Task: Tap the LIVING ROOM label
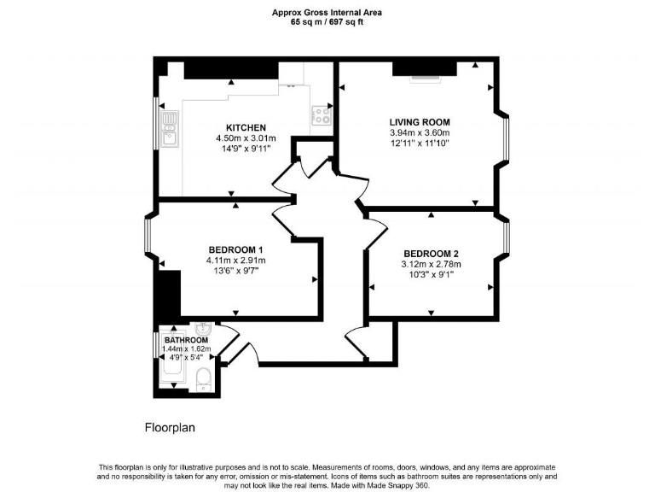pyautogui.click(x=420, y=122)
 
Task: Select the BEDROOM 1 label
pyautogui.click(x=235, y=249)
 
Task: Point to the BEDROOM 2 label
pyautogui.click(x=431, y=254)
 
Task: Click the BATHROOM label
pyautogui.click(x=187, y=341)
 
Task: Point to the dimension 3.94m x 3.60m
pyautogui.click(x=420, y=133)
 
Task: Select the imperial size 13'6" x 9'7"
pyautogui.click(x=235, y=272)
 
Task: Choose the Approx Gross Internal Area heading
pyautogui.click(x=327, y=12)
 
